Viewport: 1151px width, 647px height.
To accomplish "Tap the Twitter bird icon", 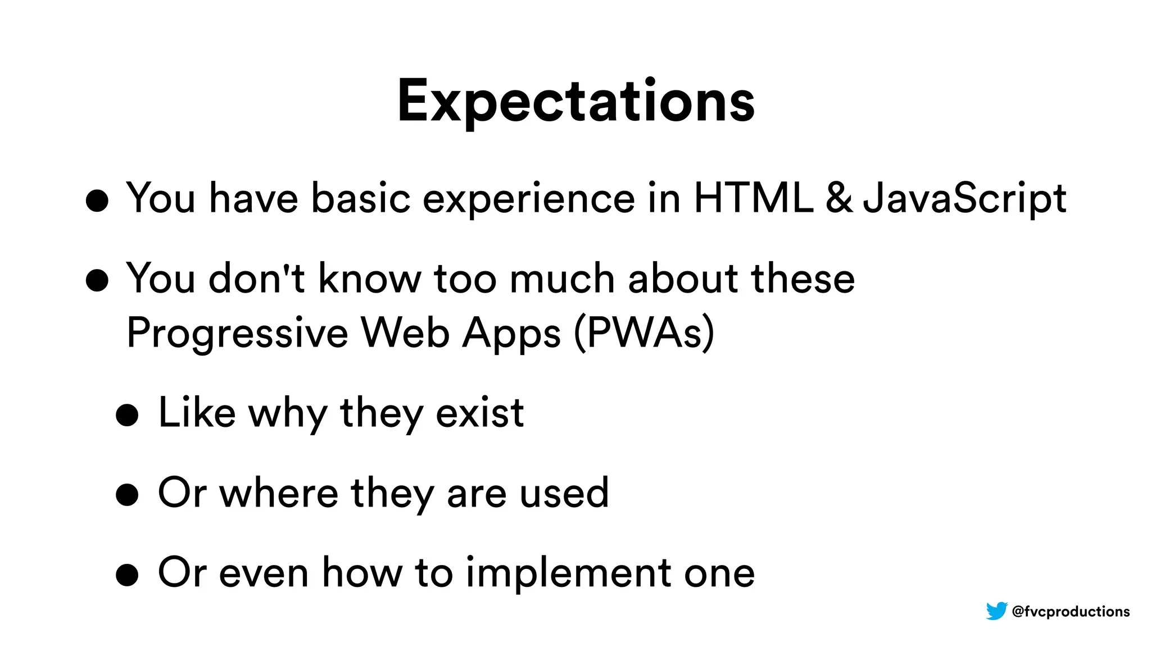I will (x=996, y=610).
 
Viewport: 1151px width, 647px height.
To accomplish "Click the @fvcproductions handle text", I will (x=1071, y=611).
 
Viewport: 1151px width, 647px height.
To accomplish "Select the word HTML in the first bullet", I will (x=754, y=198).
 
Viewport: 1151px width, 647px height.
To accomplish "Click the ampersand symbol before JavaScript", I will (x=839, y=198).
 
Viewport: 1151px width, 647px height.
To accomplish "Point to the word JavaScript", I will (x=964, y=199).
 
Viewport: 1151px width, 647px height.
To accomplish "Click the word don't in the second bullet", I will (x=256, y=279).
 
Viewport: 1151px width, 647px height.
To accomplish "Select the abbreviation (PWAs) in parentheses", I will (x=644, y=332).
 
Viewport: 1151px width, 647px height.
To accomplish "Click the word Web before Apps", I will (x=405, y=332).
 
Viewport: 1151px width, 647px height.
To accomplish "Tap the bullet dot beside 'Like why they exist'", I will (x=127, y=415).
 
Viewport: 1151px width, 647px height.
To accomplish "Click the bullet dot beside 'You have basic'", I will (x=97, y=201).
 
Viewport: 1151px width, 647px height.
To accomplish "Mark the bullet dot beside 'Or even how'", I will (x=127, y=575).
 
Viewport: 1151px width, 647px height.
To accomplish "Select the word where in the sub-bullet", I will (x=279, y=493).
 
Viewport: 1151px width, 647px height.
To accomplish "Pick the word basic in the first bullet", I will (x=360, y=199).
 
